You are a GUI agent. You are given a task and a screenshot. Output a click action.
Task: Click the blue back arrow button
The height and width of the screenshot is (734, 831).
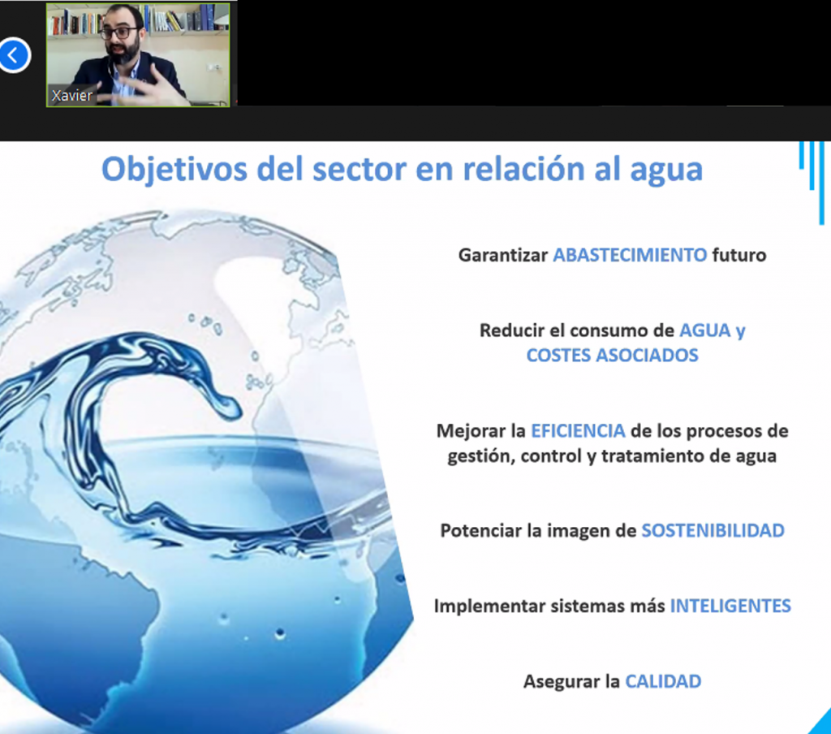coord(15,54)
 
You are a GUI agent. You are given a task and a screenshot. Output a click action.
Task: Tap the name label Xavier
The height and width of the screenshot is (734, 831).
coord(71,96)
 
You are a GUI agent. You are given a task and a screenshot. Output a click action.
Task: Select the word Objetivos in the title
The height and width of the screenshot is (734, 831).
coord(174,170)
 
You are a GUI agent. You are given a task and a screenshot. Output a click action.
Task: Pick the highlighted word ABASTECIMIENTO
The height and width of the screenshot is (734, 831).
coord(630,255)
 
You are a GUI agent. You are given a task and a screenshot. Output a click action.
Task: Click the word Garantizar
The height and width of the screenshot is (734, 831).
coord(503,255)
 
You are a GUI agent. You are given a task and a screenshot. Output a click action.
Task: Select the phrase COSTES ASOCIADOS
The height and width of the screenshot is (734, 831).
coord(612,355)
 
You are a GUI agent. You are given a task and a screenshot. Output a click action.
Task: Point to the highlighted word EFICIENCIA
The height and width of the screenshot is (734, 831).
coord(578,430)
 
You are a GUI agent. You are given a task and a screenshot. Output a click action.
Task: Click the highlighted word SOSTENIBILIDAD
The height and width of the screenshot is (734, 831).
coord(713,530)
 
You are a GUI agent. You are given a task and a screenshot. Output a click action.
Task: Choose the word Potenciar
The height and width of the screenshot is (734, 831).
coord(481,530)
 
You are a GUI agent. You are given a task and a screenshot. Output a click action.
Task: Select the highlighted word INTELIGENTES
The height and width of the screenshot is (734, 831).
coord(730,606)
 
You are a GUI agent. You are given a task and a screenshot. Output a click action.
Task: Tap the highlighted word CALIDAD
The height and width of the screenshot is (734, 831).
coord(663,681)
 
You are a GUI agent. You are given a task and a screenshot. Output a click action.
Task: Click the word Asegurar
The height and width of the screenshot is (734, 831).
coord(557,682)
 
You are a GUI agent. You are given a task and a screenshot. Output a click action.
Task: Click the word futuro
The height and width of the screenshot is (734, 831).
coord(739,255)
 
